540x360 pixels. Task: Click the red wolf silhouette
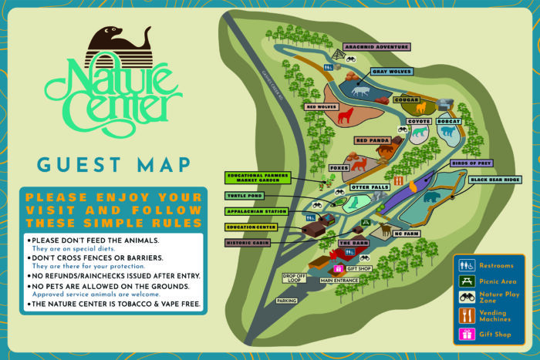[x=346, y=116]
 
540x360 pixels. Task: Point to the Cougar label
[x=406, y=99]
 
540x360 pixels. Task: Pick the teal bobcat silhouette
[x=447, y=132]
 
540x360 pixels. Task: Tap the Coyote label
[x=418, y=121]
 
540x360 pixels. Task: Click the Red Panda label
[x=373, y=141]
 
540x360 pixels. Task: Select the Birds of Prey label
[x=471, y=163]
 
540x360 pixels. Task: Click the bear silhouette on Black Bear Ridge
[x=431, y=197]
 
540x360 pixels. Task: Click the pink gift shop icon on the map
[x=338, y=268]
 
